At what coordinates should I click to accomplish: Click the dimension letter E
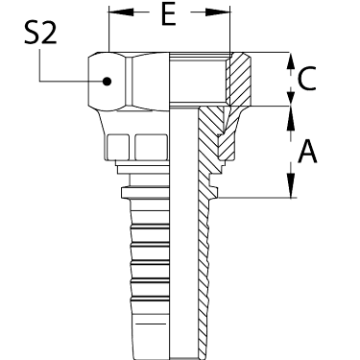(169, 15)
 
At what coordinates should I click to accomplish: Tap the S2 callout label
(40, 34)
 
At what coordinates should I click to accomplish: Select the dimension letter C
(306, 79)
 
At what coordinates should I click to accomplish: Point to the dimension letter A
(307, 152)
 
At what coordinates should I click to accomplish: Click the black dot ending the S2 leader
(107, 82)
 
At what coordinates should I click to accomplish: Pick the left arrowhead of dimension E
(121, 12)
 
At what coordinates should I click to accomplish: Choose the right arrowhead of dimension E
(218, 12)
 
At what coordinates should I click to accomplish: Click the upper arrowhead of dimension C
(290, 61)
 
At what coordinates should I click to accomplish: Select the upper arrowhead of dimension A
(290, 117)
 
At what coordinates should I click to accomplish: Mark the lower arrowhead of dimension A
(291, 185)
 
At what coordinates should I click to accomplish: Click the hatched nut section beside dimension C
(239, 79)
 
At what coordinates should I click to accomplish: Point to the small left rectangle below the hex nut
(118, 147)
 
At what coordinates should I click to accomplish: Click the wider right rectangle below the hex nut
(151, 147)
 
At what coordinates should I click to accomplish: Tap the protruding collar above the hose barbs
(145, 192)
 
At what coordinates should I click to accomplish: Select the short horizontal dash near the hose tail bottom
(151, 324)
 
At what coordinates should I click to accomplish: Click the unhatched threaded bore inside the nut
(198, 79)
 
